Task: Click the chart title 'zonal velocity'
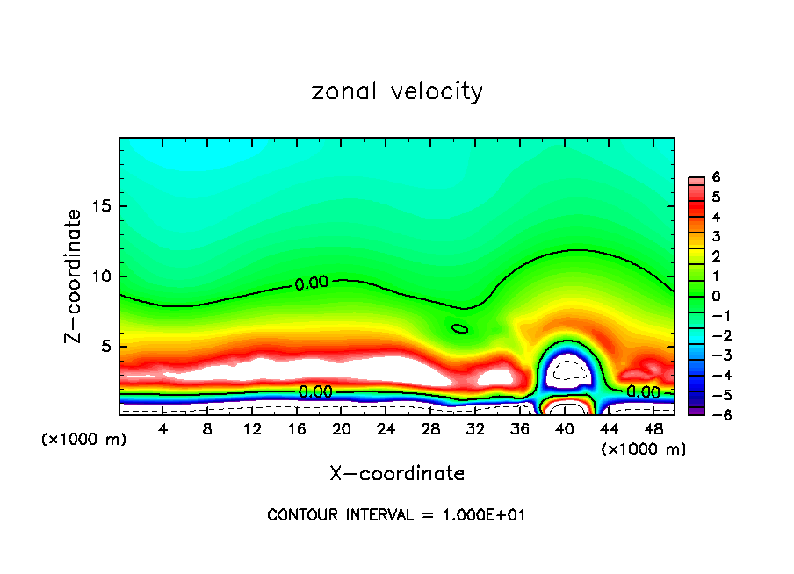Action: click(397, 91)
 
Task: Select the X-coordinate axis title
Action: click(397, 474)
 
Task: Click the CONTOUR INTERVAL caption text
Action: click(396, 515)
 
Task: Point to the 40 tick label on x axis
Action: click(563, 429)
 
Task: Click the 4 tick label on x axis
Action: click(163, 429)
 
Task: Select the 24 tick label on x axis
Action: click(386, 429)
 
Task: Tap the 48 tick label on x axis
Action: click(652, 429)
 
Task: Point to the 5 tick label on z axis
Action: click(106, 346)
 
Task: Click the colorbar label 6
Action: click(717, 177)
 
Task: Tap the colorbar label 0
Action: click(717, 296)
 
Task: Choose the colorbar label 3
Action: click(717, 236)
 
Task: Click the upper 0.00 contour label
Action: click(311, 283)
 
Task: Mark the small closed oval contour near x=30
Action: click(459, 329)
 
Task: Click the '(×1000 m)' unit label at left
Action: click(84, 440)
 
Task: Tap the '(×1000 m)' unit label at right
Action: click(643, 448)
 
